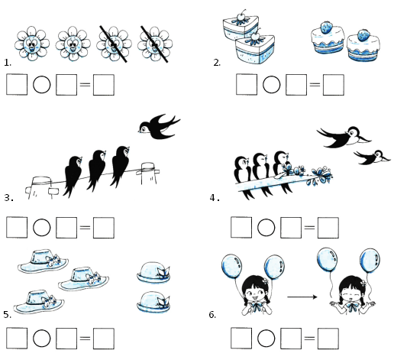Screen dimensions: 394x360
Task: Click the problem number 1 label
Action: (x=8, y=63)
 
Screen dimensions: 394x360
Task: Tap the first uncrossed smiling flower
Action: (x=32, y=44)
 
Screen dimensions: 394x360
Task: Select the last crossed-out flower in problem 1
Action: (x=155, y=44)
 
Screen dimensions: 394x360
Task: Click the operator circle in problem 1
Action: (x=42, y=85)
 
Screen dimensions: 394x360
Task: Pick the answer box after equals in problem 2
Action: (x=334, y=85)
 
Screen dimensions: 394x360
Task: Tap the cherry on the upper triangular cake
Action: (x=241, y=16)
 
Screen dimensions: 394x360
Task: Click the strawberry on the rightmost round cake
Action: (x=363, y=35)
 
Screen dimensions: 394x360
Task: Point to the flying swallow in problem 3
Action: (x=159, y=126)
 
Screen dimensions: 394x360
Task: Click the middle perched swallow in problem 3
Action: (x=96, y=170)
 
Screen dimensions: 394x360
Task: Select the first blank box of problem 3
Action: (x=17, y=228)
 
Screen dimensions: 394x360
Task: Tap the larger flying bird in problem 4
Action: (x=344, y=137)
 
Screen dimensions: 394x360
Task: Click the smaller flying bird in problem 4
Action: (x=372, y=157)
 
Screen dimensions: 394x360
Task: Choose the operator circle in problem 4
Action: (x=266, y=227)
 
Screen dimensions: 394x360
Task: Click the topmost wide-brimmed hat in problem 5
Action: (x=43, y=261)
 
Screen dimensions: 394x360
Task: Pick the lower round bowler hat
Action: (x=153, y=302)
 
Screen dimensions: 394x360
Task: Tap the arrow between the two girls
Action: (x=302, y=297)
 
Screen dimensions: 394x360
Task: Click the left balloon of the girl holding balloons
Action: (x=231, y=267)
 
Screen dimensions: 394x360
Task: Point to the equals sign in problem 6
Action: (x=309, y=339)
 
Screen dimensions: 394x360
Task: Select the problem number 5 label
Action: (x=8, y=315)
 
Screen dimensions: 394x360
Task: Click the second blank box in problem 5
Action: (x=66, y=339)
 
